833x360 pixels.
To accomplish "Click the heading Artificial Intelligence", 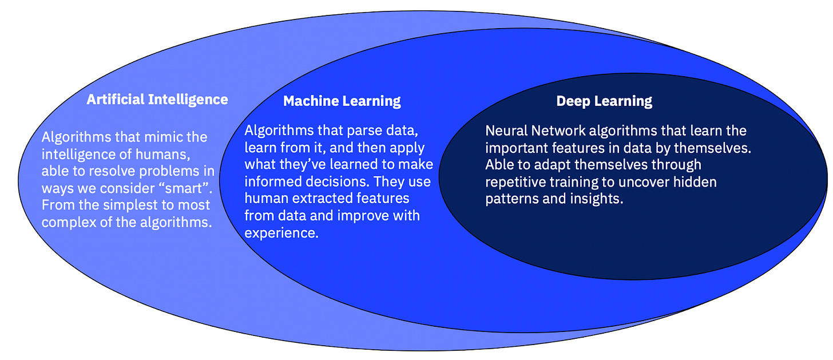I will coord(157,100).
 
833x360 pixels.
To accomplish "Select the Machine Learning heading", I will coord(342,101).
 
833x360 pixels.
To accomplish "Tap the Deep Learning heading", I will coord(604,101).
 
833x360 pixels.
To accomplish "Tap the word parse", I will coord(367,130).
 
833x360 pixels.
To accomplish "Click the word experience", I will coord(281,233).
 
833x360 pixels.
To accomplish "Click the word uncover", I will coord(644,182).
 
